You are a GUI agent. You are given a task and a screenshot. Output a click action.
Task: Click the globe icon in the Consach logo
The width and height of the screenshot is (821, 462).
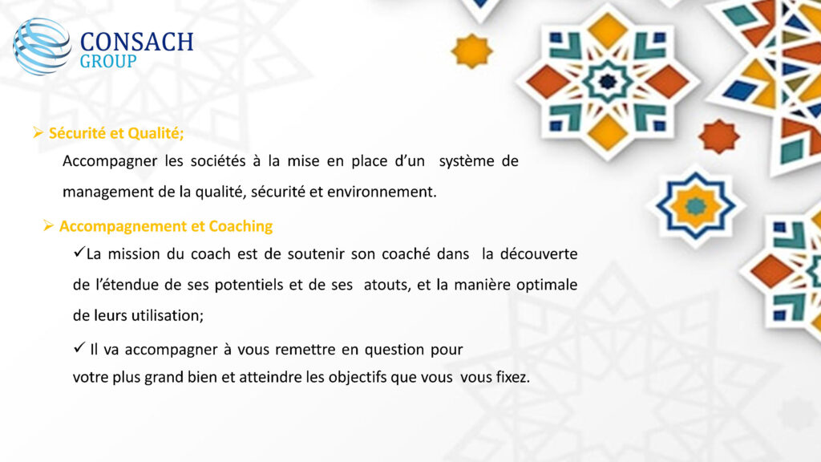(42, 47)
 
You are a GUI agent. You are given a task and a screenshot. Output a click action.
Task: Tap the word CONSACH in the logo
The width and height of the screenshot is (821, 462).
(137, 42)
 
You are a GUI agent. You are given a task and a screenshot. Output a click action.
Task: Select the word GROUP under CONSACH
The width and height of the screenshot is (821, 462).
(108, 61)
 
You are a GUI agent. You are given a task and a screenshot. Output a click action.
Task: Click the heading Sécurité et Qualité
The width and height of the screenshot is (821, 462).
(116, 133)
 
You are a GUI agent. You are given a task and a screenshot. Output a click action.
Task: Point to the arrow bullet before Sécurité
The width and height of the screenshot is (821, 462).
(38, 132)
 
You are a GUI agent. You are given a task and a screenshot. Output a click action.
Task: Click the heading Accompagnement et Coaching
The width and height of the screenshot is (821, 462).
(166, 226)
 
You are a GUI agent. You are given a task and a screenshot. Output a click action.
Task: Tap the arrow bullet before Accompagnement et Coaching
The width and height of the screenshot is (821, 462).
(48, 225)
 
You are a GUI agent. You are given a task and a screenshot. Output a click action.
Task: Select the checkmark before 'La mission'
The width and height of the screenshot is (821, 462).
(79, 252)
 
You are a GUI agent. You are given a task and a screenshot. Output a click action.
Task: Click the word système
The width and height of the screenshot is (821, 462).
(467, 160)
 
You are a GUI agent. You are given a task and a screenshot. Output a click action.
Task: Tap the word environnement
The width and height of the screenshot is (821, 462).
(382, 192)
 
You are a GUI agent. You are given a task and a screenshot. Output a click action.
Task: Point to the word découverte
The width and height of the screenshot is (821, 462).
(539, 253)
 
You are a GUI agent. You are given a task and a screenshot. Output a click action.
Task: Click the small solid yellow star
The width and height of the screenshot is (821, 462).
(471, 51)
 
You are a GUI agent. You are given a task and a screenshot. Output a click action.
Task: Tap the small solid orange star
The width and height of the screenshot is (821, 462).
(719, 136)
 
